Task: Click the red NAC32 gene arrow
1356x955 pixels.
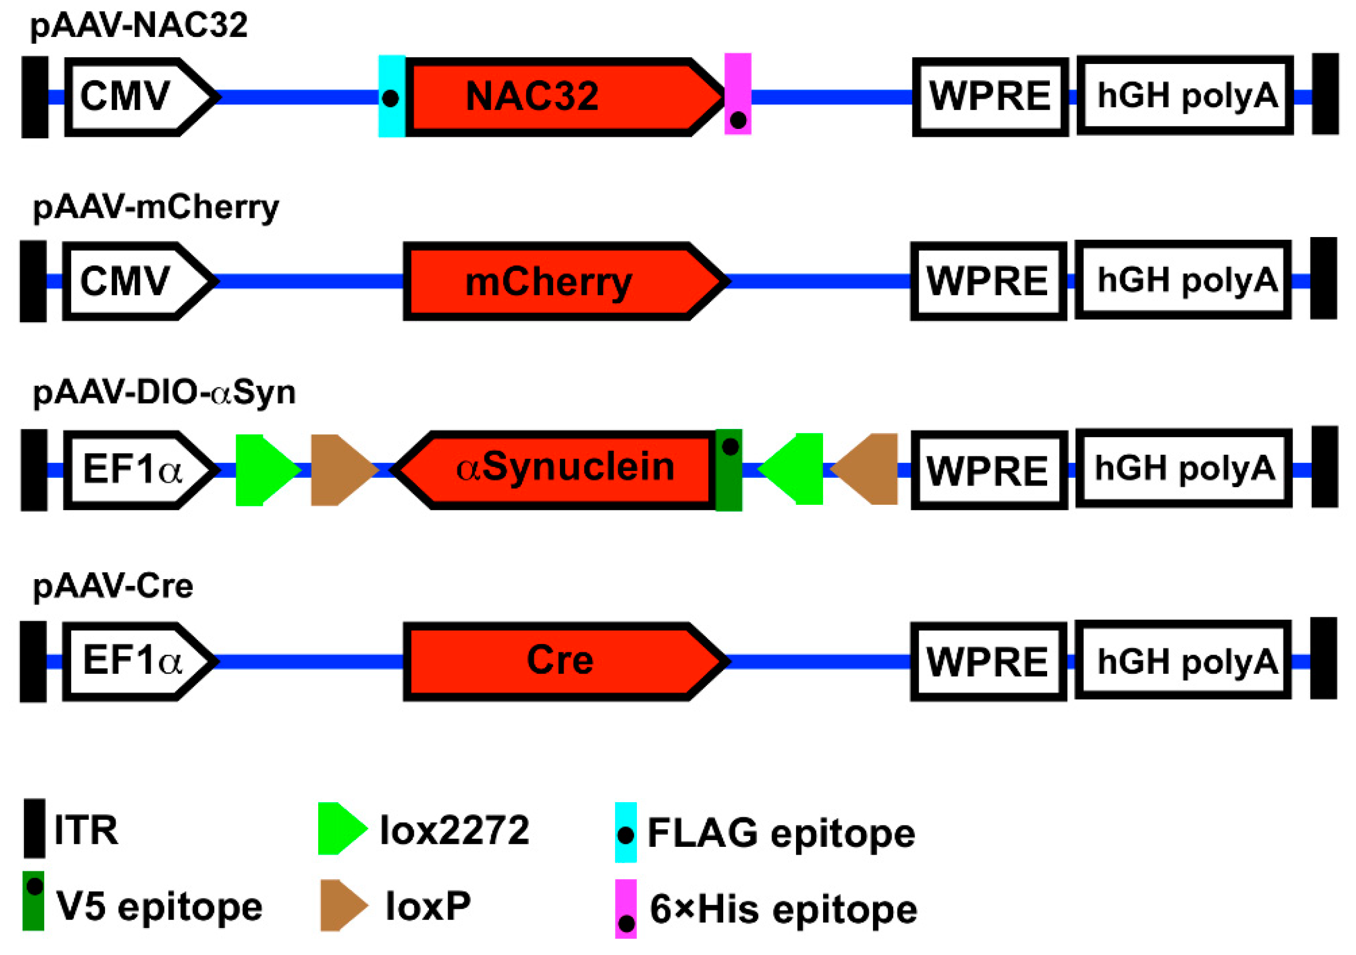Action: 561,97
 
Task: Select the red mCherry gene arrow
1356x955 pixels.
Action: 561,282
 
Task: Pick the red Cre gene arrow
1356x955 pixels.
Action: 561,661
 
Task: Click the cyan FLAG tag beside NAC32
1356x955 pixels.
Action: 392,96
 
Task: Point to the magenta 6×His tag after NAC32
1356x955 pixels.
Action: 738,95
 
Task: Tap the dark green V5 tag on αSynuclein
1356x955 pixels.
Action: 729,470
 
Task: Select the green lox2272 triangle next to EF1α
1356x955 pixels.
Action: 263,470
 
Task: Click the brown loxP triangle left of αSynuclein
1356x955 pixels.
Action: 340,470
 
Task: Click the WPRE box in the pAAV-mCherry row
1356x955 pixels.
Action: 988,282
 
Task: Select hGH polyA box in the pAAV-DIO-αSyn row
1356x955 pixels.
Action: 1183,469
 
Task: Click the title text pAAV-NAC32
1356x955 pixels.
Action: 139,26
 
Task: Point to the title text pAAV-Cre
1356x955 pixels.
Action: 113,586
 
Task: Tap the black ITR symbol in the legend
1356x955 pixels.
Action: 34,829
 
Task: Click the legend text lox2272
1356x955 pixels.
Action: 454,830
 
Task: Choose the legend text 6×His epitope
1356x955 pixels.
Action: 783,910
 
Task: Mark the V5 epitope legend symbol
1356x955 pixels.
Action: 34,900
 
